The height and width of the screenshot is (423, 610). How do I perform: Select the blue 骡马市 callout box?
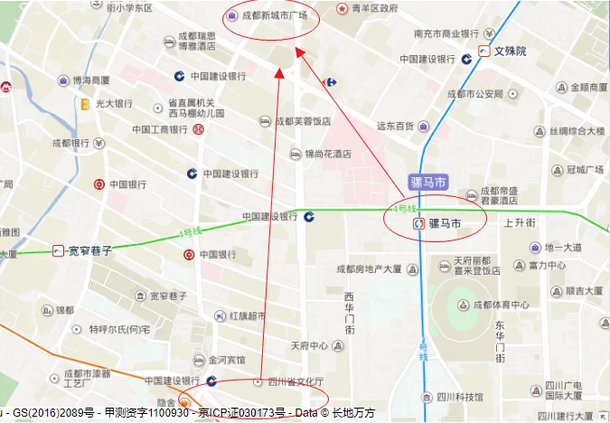pos(428,182)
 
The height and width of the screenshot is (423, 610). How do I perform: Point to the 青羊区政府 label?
pos(374,8)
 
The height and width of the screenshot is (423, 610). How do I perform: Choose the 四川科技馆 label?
pos(455,397)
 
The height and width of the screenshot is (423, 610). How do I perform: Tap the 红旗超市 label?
pos(247,316)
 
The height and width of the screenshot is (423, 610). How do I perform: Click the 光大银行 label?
pos(114,103)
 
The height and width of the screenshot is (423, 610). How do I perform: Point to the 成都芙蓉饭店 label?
pos(304,121)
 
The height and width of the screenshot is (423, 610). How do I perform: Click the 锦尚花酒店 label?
pos(327,155)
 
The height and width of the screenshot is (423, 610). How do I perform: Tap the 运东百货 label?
pos(395,126)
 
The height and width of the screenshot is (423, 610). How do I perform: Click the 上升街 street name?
pos(520,222)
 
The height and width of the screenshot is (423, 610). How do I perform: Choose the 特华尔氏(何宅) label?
pos(118,330)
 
